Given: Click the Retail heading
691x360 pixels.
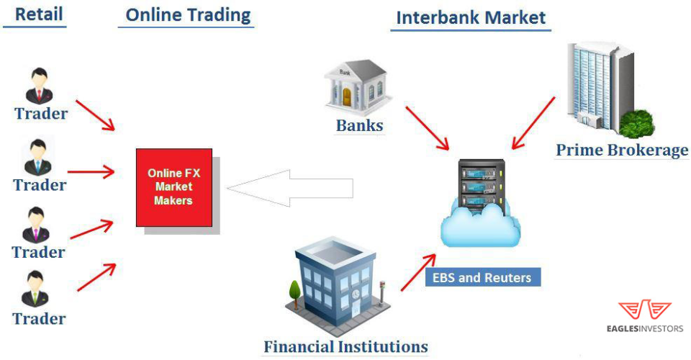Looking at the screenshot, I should (x=38, y=14).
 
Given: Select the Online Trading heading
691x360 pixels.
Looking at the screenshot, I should (x=188, y=14).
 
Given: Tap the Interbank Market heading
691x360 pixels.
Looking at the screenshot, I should (x=471, y=17).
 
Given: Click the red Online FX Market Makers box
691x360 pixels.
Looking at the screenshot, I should (x=174, y=187).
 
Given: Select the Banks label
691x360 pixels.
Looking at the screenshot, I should (x=359, y=126).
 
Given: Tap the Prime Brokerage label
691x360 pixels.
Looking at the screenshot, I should (x=622, y=150).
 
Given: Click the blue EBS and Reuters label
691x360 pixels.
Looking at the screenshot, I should (x=482, y=277).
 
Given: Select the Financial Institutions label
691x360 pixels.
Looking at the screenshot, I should (x=345, y=346).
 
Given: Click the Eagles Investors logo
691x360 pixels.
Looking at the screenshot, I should (x=644, y=317).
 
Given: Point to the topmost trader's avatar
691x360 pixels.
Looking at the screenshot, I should (x=37, y=85).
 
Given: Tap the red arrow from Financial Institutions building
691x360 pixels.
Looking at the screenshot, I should (x=417, y=272).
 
